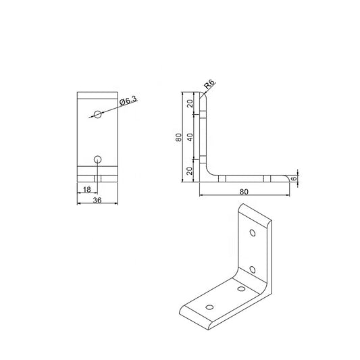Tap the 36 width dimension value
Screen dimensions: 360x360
[x=98, y=201]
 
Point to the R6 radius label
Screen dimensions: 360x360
[x=210, y=84]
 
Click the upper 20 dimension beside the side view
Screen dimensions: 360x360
[x=190, y=103]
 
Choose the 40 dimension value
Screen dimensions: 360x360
[x=190, y=137]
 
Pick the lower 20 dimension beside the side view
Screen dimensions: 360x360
[x=190, y=170]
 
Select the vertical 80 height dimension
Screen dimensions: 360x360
[x=178, y=137]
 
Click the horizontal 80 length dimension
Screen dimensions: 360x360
[x=244, y=191]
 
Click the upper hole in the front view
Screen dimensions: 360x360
[x=98, y=114]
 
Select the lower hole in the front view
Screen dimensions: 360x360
[x=98, y=159]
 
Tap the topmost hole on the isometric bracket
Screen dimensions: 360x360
[x=253, y=234]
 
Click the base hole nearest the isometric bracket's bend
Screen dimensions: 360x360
[x=240, y=288]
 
